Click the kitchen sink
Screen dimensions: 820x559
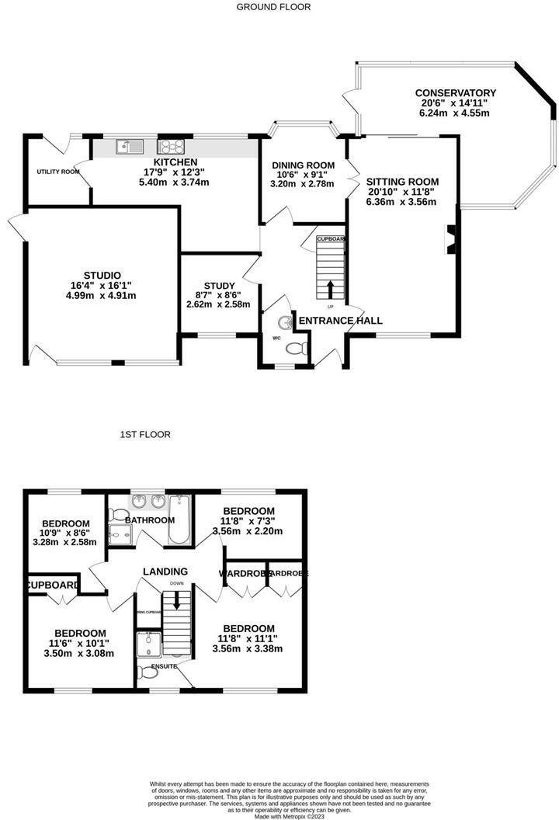(x=127, y=145)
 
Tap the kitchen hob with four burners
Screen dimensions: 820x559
(x=170, y=145)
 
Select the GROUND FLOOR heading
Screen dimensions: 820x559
(x=273, y=7)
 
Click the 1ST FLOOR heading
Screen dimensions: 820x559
(x=145, y=435)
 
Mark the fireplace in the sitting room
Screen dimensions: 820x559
(x=450, y=239)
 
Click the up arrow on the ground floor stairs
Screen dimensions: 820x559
(x=331, y=289)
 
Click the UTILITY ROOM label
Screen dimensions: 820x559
(x=58, y=172)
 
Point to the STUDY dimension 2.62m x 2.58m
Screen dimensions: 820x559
(x=218, y=304)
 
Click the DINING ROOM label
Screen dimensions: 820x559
(x=303, y=165)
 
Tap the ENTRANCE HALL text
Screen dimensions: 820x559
(x=341, y=321)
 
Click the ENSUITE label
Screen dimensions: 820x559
(x=164, y=666)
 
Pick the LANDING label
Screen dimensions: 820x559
(x=165, y=572)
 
